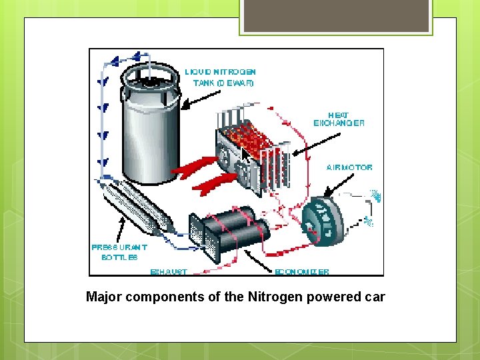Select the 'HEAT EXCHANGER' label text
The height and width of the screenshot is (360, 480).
click(x=339, y=119)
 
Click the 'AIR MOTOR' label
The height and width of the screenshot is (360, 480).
click(x=349, y=167)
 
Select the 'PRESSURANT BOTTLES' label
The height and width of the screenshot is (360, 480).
click(x=119, y=252)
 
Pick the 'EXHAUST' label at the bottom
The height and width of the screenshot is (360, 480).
click(x=169, y=272)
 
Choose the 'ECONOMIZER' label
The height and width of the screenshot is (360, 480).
click(x=302, y=272)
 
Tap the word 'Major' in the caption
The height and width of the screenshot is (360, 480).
click(x=102, y=297)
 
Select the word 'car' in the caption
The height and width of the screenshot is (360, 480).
click(x=375, y=297)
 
